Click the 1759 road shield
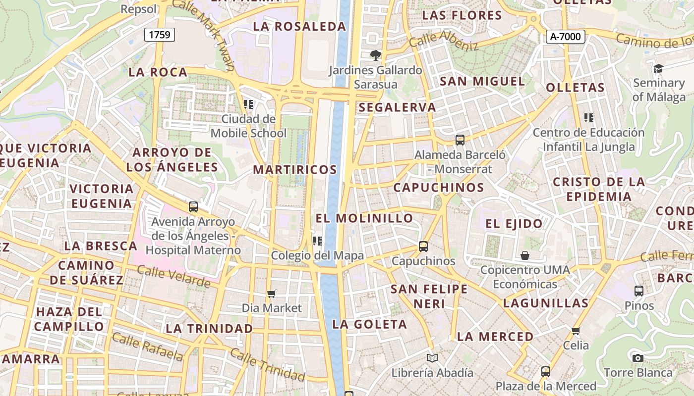point(160,35)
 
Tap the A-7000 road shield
point(566,37)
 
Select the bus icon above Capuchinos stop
point(423,247)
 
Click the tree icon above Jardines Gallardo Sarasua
point(376,55)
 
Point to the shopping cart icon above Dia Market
point(271,294)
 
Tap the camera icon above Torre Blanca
point(638,358)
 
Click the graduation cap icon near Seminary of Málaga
point(658,68)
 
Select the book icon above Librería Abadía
point(432,358)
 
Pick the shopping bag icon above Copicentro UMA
point(525,255)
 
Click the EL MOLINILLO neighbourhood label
point(364,218)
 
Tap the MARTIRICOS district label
point(295,170)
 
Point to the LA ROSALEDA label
point(299,27)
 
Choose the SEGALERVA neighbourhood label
point(397,107)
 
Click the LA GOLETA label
point(370,325)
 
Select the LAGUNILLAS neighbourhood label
point(546,303)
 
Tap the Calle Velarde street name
point(173,276)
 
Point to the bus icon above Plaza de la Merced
point(546,371)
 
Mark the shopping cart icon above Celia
point(576,331)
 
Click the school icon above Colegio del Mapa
point(317,241)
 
